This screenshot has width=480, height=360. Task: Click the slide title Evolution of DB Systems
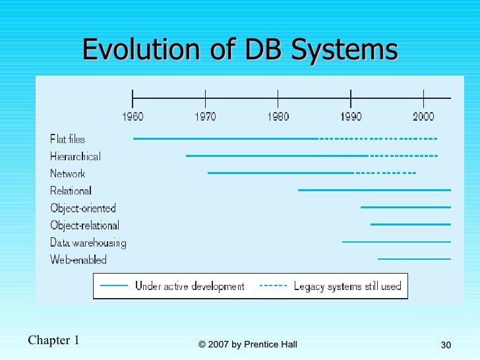point(240,49)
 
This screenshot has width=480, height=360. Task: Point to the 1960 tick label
point(133,117)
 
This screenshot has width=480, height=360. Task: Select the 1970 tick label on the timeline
point(205,117)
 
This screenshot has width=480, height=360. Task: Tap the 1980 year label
point(278,117)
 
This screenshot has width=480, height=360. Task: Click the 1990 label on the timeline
point(350,117)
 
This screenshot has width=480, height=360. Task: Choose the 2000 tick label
point(423,117)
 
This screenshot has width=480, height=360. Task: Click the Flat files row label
point(67,139)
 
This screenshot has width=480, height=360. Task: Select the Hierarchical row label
point(75,156)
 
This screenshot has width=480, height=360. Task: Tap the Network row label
point(67,173)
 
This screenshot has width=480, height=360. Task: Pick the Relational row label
point(71,191)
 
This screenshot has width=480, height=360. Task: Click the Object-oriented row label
point(82,208)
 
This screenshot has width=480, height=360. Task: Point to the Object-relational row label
point(84,225)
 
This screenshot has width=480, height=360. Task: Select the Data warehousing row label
point(88,243)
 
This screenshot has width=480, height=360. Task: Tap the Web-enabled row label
point(78,260)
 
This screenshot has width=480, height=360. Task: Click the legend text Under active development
point(189,286)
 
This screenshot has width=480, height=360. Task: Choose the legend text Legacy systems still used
point(347,286)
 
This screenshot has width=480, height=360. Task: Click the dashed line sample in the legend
point(274,286)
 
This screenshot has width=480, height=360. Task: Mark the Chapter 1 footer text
point(53,340)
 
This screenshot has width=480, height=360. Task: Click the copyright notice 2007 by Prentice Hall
point(247,344)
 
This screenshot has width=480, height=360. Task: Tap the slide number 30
point(446,345)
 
